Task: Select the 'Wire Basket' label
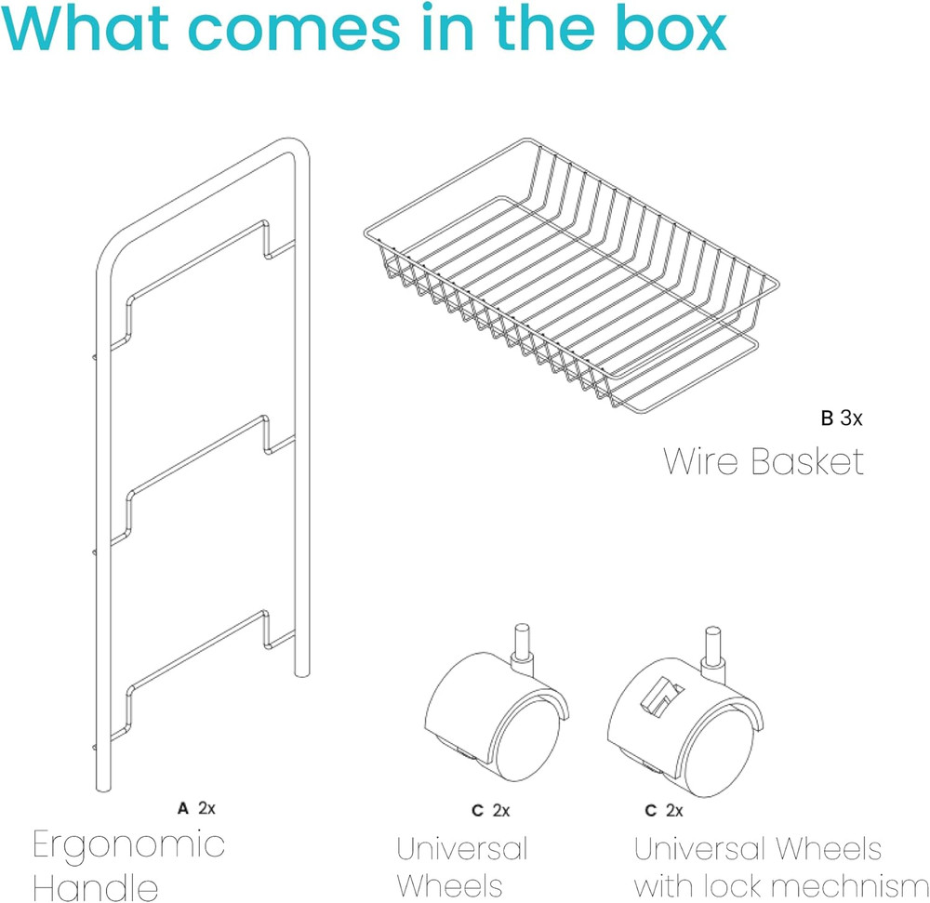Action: [763, 461]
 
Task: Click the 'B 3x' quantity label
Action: [841, 418]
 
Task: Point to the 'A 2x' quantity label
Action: [196, 807]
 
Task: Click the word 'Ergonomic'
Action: [128, 846]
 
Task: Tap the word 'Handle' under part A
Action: [96, 886]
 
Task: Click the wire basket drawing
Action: [571, 275]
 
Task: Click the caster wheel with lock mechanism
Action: [685, 711]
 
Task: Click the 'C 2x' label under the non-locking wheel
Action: [490, 810]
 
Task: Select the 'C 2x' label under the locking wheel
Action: [664, 810]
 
